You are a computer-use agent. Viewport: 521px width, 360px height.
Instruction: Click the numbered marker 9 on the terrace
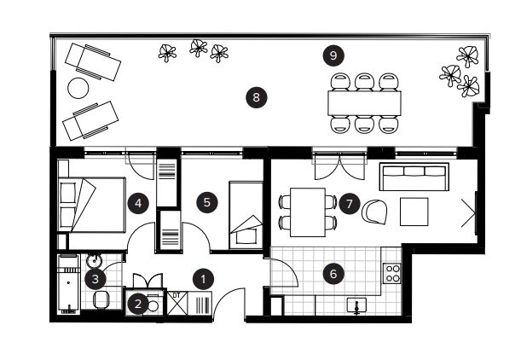tap(333, 55)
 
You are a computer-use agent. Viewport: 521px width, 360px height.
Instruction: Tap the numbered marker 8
tap(256, 98)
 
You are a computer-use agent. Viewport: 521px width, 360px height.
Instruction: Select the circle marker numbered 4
tap(138, 203)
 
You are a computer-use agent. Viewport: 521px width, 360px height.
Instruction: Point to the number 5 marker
tap(206, 202)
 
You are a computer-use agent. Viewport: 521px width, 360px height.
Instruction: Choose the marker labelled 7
tap(350, 204)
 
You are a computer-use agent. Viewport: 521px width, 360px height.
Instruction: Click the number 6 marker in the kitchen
tap(333, 274)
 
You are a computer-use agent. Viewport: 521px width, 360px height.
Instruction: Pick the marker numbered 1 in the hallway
tap(203, 279)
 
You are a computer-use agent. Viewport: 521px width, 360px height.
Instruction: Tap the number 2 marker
tap(138, 303)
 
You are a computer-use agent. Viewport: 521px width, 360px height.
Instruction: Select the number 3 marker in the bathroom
tap(95, 279)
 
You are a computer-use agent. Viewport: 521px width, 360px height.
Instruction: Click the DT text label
tap(177, 295)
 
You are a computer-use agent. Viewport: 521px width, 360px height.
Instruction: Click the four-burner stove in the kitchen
tap(392, 273)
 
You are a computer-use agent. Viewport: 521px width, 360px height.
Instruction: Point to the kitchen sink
tap(356, 305)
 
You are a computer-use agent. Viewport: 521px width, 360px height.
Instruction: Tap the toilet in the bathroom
tap(101, 299)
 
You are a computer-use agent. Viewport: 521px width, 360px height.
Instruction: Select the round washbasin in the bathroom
tap(95, 260)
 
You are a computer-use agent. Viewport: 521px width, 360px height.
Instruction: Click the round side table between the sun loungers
tap(78, 88)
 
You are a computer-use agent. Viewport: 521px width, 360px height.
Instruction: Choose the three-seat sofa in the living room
tap(414, 177)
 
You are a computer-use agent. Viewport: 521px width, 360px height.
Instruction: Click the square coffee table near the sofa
tap(414, 212)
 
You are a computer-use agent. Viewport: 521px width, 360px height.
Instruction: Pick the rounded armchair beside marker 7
tap(375, 212)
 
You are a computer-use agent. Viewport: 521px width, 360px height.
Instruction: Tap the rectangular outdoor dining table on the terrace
tap(364, 103)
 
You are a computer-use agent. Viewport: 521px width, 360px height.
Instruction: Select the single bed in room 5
tap(246, 215)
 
